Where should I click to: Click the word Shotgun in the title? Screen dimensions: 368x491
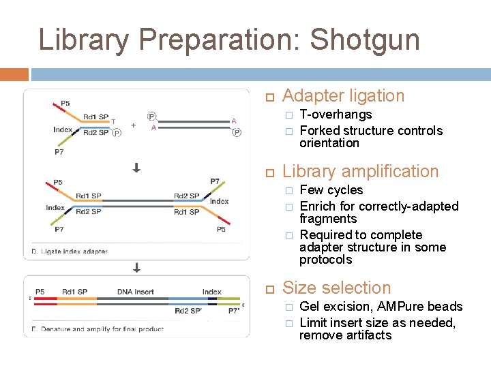(x=365, y=40)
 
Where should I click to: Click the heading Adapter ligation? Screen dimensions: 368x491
(x=343, y=96)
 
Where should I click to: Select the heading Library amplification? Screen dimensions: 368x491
(x=360, y=171)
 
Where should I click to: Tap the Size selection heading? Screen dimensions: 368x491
(x=336, y=288)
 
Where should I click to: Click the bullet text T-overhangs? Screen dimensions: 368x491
(x=336, y=114)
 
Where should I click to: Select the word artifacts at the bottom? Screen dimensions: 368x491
(x=368, y=335)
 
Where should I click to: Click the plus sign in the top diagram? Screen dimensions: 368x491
(x=133, y=125)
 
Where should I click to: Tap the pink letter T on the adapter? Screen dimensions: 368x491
(x=114, y=121)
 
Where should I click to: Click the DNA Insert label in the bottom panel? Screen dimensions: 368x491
(x=135, y=292)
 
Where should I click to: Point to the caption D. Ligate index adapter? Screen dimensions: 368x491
(x=70, y=251)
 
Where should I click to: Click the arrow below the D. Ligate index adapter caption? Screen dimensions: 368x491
(x=136, y=266)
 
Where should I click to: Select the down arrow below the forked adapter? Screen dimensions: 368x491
(x=136, y=167)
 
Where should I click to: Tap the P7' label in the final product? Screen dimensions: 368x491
(x=234, y=311)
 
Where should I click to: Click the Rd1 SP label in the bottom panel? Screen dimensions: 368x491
(x=75, y=292)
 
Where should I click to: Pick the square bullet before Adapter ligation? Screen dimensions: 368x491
(x=270, y=97)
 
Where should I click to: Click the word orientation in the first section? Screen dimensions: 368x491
(x=329, y=143)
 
